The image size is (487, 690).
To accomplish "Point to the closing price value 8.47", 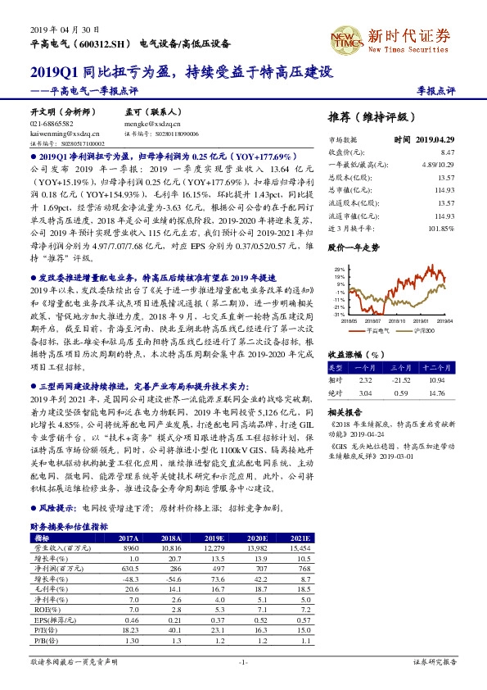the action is click(x=446, y=152).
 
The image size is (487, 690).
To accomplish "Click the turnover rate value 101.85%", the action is click(x=440, y=228).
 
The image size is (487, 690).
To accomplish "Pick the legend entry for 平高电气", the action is click(x=379, y=329).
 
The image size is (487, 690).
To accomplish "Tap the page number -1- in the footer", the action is click(x=243, y=660).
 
